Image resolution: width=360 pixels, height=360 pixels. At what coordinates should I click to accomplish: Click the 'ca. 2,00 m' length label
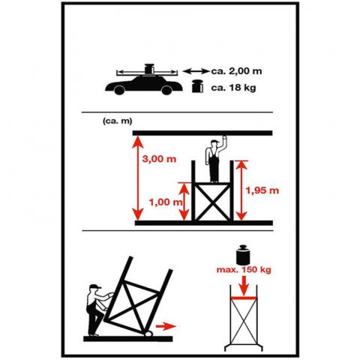[x=237, y=71]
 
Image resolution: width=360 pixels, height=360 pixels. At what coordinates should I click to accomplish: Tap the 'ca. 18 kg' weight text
[x=233, y=88]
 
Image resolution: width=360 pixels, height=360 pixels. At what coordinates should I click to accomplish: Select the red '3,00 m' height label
[x=159, y=159]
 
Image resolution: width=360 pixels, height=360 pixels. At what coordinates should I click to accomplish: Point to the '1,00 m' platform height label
[x=166, y=202]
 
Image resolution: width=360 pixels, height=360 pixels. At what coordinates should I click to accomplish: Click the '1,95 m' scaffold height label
[x=262, y=190]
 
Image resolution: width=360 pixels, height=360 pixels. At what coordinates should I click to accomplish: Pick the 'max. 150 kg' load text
[x=244, y=270]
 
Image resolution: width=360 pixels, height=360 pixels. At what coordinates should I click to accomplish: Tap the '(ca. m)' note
[x=117, y=121]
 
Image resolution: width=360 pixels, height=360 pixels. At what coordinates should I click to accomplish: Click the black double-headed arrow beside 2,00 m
[x=196, y=71]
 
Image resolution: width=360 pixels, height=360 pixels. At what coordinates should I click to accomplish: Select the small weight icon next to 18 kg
[x=197, y=86]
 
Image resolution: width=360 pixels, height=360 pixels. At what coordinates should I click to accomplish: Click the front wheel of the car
[x=166, y=90]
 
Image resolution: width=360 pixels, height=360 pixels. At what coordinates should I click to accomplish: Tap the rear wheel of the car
[x=119, y=90]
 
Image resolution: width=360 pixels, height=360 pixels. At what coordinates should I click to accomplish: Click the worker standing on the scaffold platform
[x=214, y=160]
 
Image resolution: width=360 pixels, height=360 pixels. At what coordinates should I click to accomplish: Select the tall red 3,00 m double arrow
[x=138, y=178]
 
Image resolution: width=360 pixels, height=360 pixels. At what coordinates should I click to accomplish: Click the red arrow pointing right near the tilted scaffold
[x=166, y=326]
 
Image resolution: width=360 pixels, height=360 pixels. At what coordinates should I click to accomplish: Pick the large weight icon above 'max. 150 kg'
[x=243, y=255]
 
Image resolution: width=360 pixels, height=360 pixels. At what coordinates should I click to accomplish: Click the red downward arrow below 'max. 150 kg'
[x=244, y=286]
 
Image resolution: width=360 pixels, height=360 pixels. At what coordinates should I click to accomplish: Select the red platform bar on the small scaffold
[x=244, y=298]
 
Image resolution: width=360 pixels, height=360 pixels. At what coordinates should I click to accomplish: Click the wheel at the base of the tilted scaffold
[x=148, y=333]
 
